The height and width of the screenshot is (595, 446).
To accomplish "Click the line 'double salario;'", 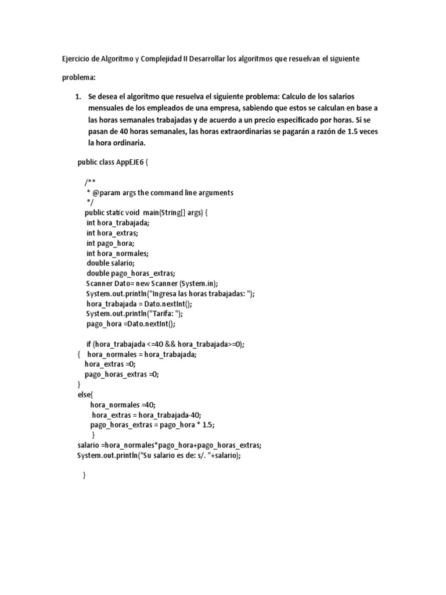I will coord(110,263).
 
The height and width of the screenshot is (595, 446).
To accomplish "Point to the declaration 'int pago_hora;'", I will coord(110,243).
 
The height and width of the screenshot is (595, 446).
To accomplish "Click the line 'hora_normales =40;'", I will coord(123,405).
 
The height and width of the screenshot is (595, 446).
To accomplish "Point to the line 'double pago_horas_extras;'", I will coord(131,274).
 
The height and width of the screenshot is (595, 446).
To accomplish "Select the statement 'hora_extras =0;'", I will coord(110,364).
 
